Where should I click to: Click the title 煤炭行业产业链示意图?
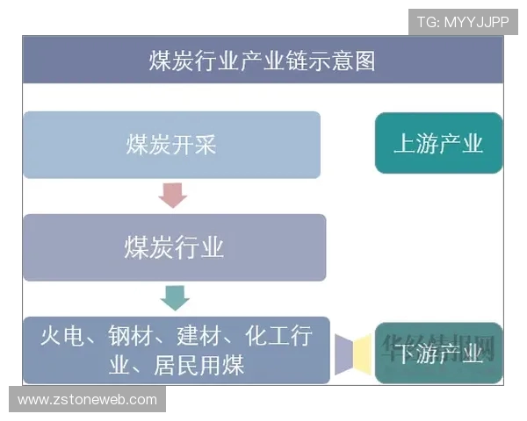[x=262, y=61]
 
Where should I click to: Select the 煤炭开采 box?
[x=171, y=145]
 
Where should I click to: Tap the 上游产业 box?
[x=438, y=143]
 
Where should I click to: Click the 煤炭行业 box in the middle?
[x=174, y=247]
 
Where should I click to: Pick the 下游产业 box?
[x=438, y=353]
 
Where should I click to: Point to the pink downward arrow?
[x=173, y=194]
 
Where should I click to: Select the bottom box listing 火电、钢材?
[x=176, y=350]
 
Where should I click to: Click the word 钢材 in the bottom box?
[x=129, y=337]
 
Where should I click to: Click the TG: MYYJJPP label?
[x=463, y=22]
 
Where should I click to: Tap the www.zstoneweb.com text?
[x=87, y=400]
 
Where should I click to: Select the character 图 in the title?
[x=365, y=61]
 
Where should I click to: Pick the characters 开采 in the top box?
[x=194, y=145]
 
